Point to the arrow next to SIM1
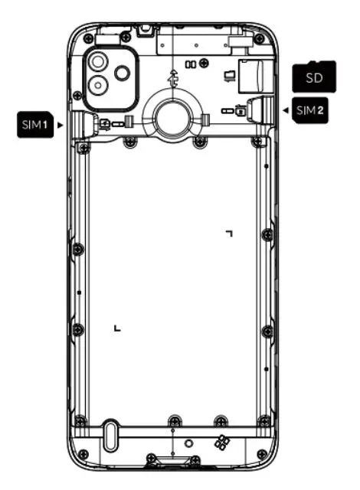pos(61,123)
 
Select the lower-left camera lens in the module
pos(100,85)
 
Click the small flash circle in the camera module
pos(123,73)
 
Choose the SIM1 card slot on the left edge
pos(84,122)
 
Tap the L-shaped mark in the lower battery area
pos(116,328)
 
